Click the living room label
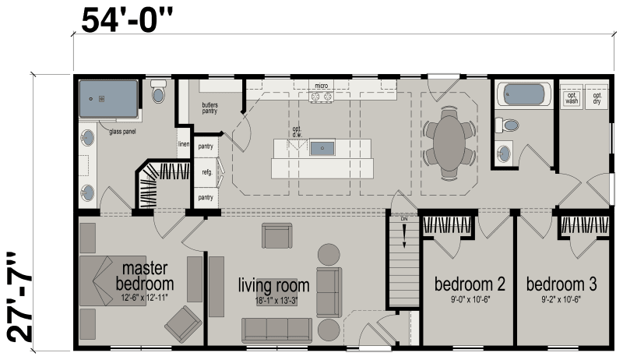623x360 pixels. pyautogui.click(x=273, y=285)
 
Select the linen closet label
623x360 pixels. pyautogui.click(x=184, y=144)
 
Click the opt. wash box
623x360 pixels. pyautogui.click(x=572, y=98)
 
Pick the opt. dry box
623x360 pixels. pyautogui.click(x=597, y=98)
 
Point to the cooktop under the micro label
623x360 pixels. pyautogui.click(x=322, y=97)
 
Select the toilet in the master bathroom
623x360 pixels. pyautogui.click(x=160, y=94)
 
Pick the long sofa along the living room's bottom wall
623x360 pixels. pyautogui.click(x=276, y=330)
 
